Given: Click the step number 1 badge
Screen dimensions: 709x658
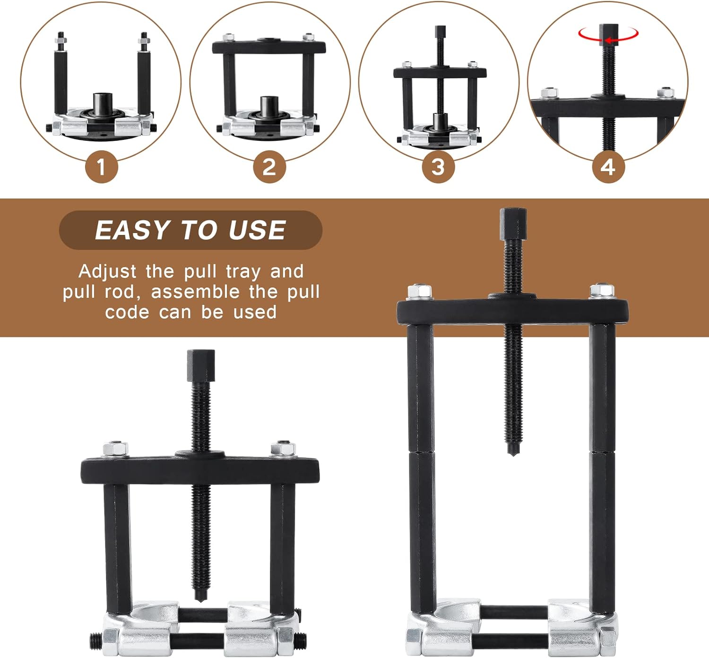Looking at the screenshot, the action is pyautogui.click(x=102, y=167).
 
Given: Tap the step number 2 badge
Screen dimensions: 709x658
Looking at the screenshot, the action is pyautogui.click(x=269, y=167).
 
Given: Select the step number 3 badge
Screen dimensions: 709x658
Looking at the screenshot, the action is pyautogui.click(x=438, y=167).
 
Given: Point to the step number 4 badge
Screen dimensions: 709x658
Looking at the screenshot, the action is pyautogui.click(x=608, y=167).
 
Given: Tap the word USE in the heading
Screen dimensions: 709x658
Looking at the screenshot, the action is pyautogui.click(x=257, y=230).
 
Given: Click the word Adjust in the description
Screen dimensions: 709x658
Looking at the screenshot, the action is pyautogui.click(x=107, y=272).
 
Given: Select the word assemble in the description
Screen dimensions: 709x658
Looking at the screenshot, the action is pyautogui.click(x=195, y=292).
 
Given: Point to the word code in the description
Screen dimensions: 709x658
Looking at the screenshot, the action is pyautogui.click(x=128, y=312).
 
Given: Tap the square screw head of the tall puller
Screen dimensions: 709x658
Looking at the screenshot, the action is pyautogui.click(x=513, y=224).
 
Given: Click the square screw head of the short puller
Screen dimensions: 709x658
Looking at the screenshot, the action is pyautogui.click(x=201, y=365).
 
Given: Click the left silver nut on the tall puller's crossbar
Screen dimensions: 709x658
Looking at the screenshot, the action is pyautogui.click(x=419, y=291).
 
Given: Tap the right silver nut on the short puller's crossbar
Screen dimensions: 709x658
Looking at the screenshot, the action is pyautogui.click(x=283, y=449).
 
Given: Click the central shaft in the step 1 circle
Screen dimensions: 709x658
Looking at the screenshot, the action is pyautogui.click(x=103, y=103).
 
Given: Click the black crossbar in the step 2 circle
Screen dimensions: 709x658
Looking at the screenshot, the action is pyautogui.click(x=269, y=46).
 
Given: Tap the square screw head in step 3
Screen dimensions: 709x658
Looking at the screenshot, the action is pyautogui.click(x=441, y=32).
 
